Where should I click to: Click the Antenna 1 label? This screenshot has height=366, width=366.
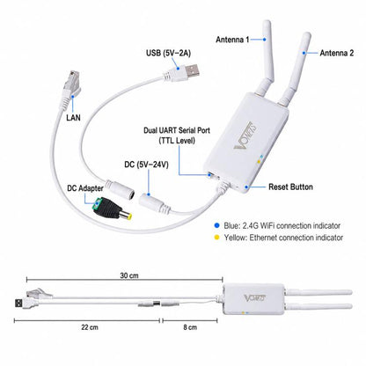click(x=232, y=40)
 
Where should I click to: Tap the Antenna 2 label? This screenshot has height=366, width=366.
click(x=337, y=53)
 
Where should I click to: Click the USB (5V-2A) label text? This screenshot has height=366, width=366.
click(x=168, y=53)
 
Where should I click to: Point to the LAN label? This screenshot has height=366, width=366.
click(x=73, y=118)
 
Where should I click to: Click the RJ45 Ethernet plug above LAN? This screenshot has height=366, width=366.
click(x=71, y=84)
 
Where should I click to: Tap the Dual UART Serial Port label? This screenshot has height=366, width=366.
click(x=177, y=130)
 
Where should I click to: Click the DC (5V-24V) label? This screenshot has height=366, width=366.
click(x=147, y=165)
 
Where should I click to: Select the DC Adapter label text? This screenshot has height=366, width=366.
click(x=85, y=188)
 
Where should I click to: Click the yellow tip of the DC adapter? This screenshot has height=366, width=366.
click(x=128, y=216)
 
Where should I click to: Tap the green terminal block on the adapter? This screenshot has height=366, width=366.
click(x=97, y=204)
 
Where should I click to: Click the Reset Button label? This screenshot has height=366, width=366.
click(x=290, y=187)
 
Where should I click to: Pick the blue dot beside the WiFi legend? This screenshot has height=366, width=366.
click(x=216, y=225)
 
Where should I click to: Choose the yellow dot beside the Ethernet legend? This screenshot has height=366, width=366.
click(x=216, y=238)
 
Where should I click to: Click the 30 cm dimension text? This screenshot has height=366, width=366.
click(x=129, y=275)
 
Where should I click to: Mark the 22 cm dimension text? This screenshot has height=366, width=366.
click(x=90, y=327)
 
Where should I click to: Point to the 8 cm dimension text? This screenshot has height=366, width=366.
click(x=190, y=327)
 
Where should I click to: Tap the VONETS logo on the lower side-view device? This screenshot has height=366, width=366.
click(x=255, y=298)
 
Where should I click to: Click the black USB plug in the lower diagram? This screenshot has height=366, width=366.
click(x=19, y=303)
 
